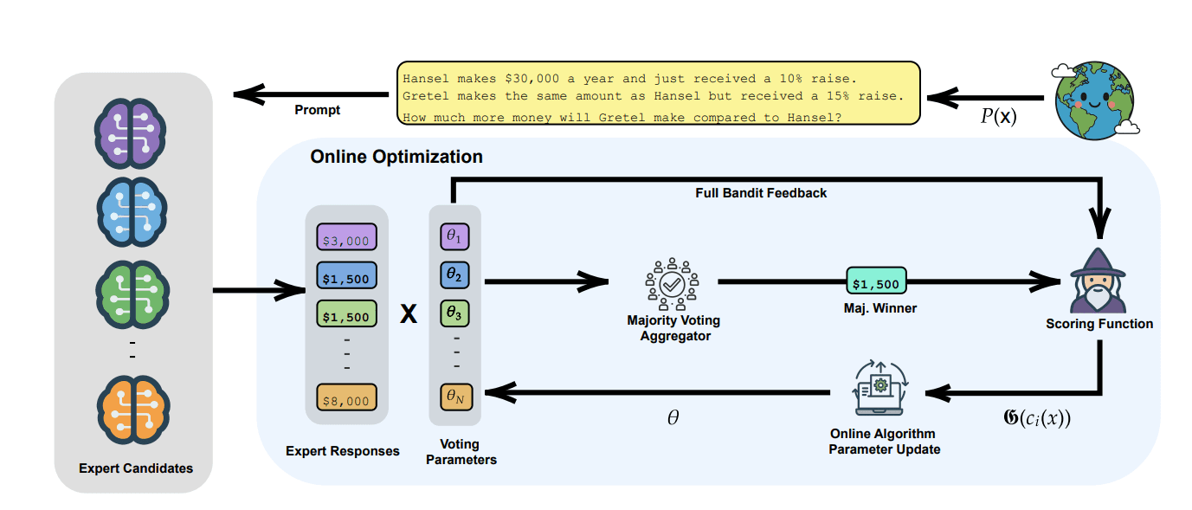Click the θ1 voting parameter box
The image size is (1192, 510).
click(x=454, y=236)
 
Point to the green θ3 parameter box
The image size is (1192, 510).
click(x=454, y=312)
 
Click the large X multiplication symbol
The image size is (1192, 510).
click(x=408, y=314)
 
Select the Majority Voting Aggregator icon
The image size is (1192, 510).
click(x=672, y=282)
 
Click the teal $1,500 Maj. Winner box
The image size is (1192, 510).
click(x=875, y=282)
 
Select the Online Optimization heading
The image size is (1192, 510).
click(x=396, y=157)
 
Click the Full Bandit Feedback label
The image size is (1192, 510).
click(x=761, y=192)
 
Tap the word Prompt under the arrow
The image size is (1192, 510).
click(x=318, y=110)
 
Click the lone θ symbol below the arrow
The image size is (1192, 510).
click(x=673, y=417)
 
